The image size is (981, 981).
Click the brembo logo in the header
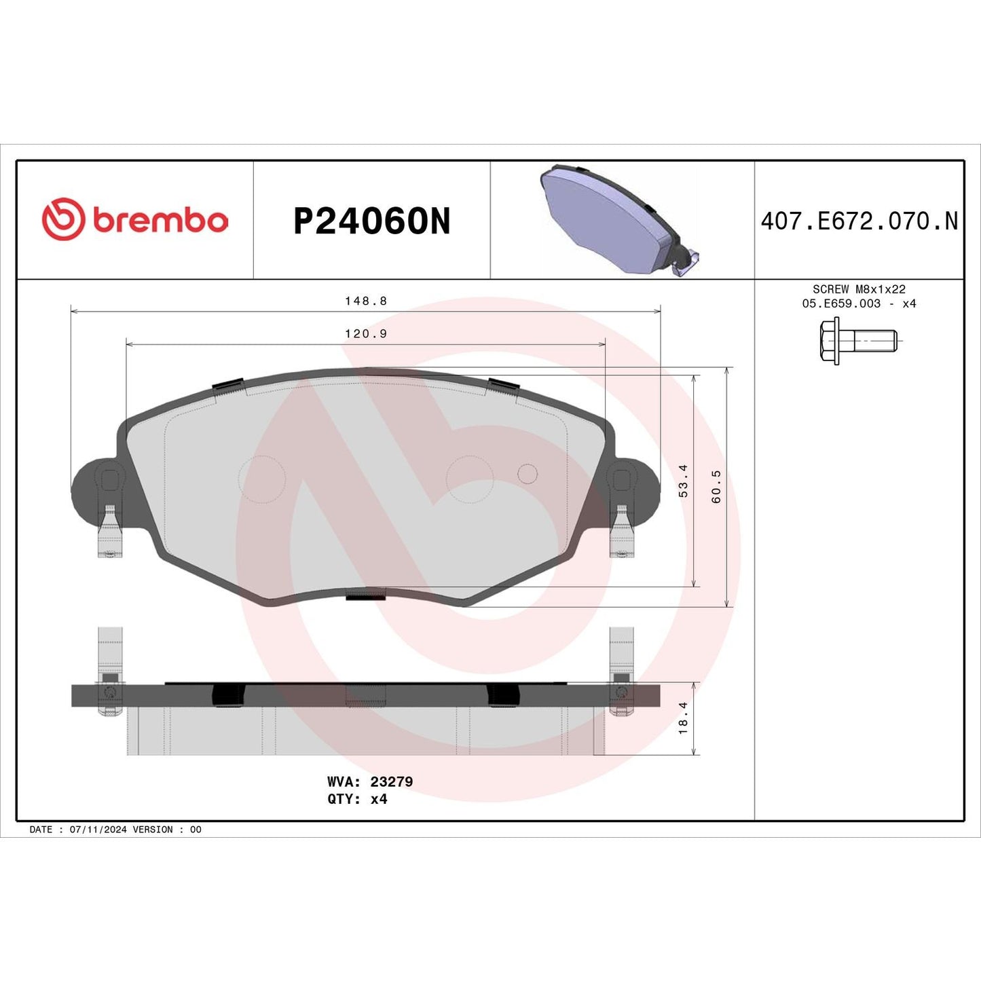134,220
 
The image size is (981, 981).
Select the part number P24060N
371,221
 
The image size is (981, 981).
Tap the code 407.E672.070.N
859,221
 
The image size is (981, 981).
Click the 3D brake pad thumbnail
618,220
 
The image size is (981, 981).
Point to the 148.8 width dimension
365,301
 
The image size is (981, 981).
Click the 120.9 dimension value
365,334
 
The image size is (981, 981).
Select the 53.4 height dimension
683,481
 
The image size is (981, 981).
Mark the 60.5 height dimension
716,486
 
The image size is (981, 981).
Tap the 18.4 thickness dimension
683,718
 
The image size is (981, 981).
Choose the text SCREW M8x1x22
859,289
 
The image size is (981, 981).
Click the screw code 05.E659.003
841,303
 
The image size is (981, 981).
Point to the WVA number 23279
391,781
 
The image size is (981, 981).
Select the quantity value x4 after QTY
379,799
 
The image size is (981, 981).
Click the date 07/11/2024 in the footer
98,830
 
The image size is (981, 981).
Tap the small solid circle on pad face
527,474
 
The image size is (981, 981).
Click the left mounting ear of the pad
95,489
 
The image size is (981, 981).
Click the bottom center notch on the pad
365,596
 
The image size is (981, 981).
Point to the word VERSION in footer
153,830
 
